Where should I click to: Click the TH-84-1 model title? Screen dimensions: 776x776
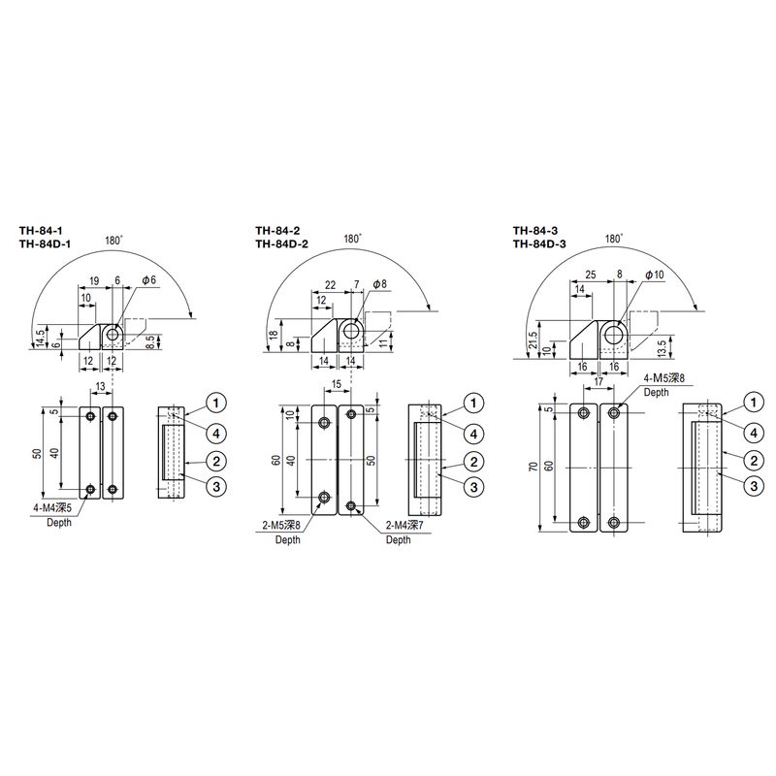(x=41, y=231)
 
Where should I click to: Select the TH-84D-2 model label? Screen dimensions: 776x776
(x=281, y=244)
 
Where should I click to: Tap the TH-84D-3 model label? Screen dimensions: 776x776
(x=539, y=244)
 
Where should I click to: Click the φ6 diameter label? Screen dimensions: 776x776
(x=148, y=280)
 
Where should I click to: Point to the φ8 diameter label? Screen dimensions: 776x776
(x=379, y=284)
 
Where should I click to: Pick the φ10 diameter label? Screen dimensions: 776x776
(x=654, y=275)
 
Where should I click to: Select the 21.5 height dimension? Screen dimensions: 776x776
(x=532, y=342)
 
